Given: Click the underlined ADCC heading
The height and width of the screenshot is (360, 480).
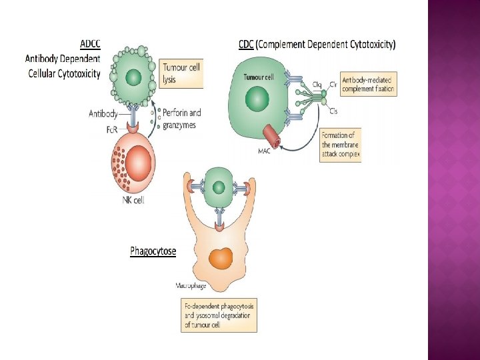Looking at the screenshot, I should click(90, 45).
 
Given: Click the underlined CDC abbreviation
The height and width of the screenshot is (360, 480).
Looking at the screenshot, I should click(246, 45).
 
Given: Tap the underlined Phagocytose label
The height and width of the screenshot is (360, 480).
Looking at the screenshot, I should click(153, 251).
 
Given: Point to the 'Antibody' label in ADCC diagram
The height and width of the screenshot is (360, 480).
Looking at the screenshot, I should click(103, 113).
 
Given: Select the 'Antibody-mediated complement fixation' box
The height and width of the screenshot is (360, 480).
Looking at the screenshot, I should click(367, 84).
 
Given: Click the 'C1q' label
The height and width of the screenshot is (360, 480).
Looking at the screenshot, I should click(317, 84).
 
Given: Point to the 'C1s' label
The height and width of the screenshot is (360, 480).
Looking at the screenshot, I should click(333, 110).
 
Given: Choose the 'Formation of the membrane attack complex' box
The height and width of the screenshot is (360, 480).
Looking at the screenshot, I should click(340, 143).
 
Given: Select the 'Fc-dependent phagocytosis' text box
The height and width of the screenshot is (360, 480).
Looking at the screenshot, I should click(219, 315).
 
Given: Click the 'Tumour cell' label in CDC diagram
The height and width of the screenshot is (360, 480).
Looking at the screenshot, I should click(259, 77).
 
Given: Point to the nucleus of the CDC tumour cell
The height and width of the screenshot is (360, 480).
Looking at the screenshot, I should click(257, 101).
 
